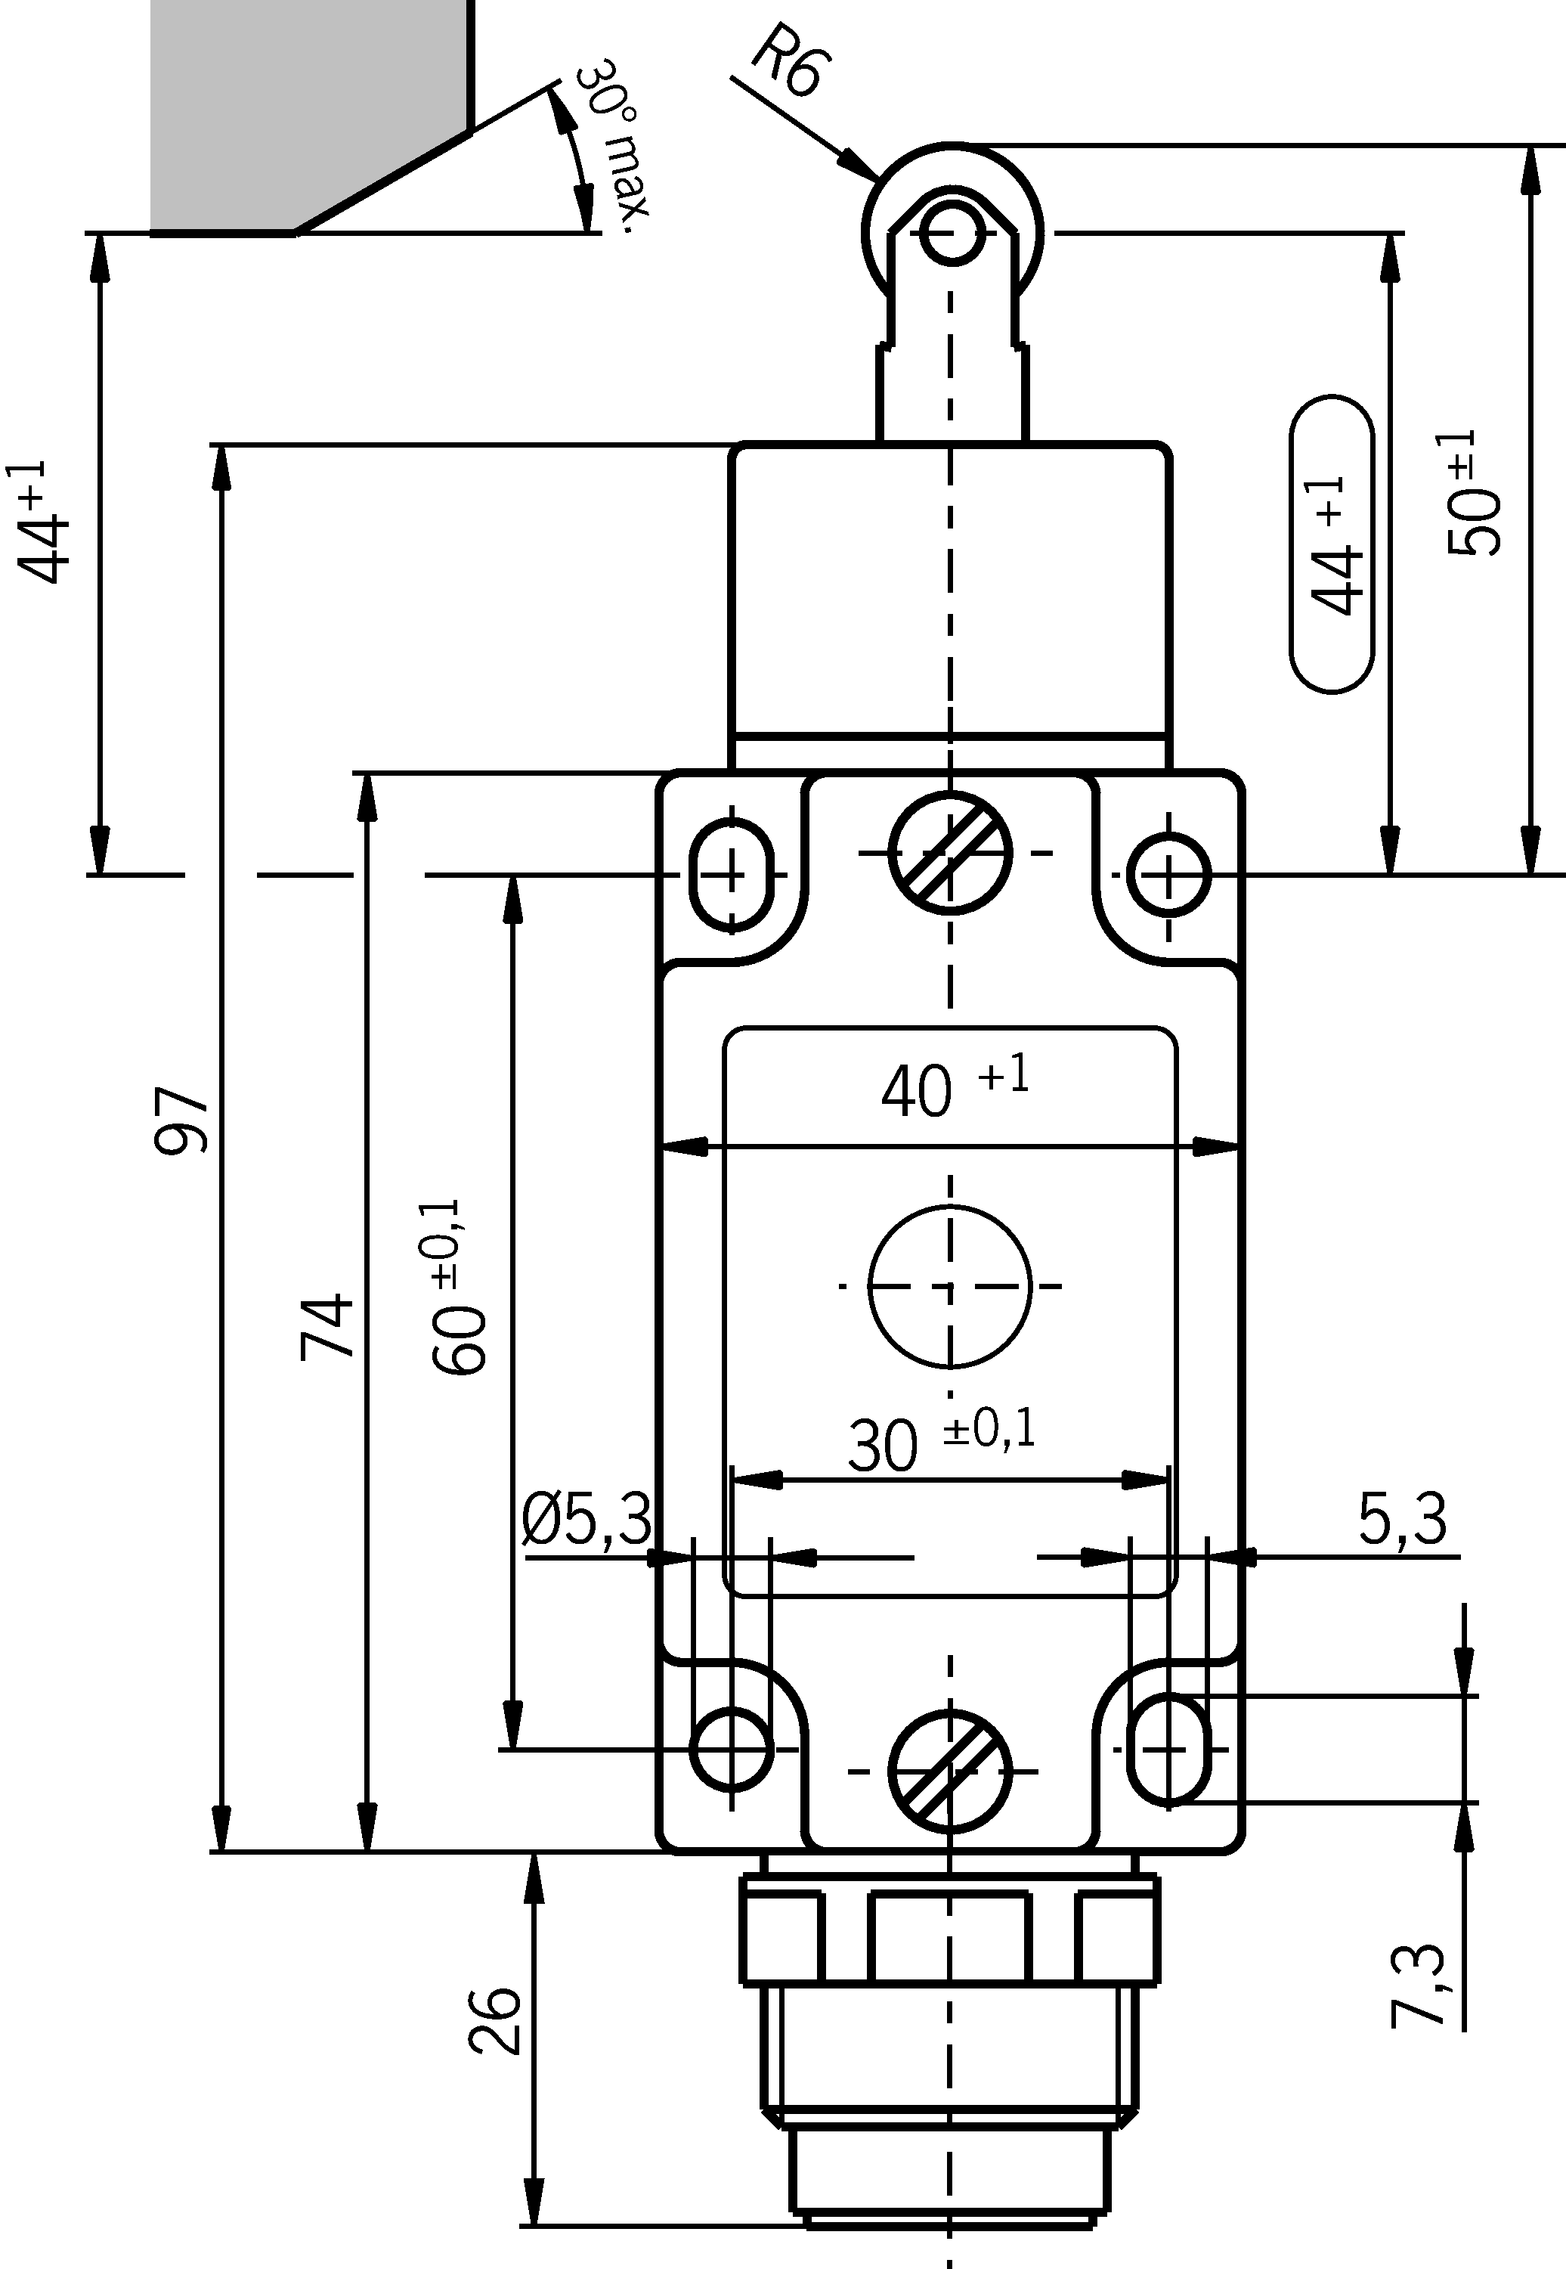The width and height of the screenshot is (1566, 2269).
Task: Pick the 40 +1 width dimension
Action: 952,1087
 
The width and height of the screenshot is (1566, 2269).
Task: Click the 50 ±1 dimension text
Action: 1474,494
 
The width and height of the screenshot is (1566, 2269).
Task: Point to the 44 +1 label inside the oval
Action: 1332,544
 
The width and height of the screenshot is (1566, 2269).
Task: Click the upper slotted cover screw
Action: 950,852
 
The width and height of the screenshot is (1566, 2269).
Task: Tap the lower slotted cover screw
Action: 950,1771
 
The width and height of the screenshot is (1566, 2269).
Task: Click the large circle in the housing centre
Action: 950,1285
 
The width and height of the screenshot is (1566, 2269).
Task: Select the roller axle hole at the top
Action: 952,234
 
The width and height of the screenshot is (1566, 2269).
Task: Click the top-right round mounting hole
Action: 1168,873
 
